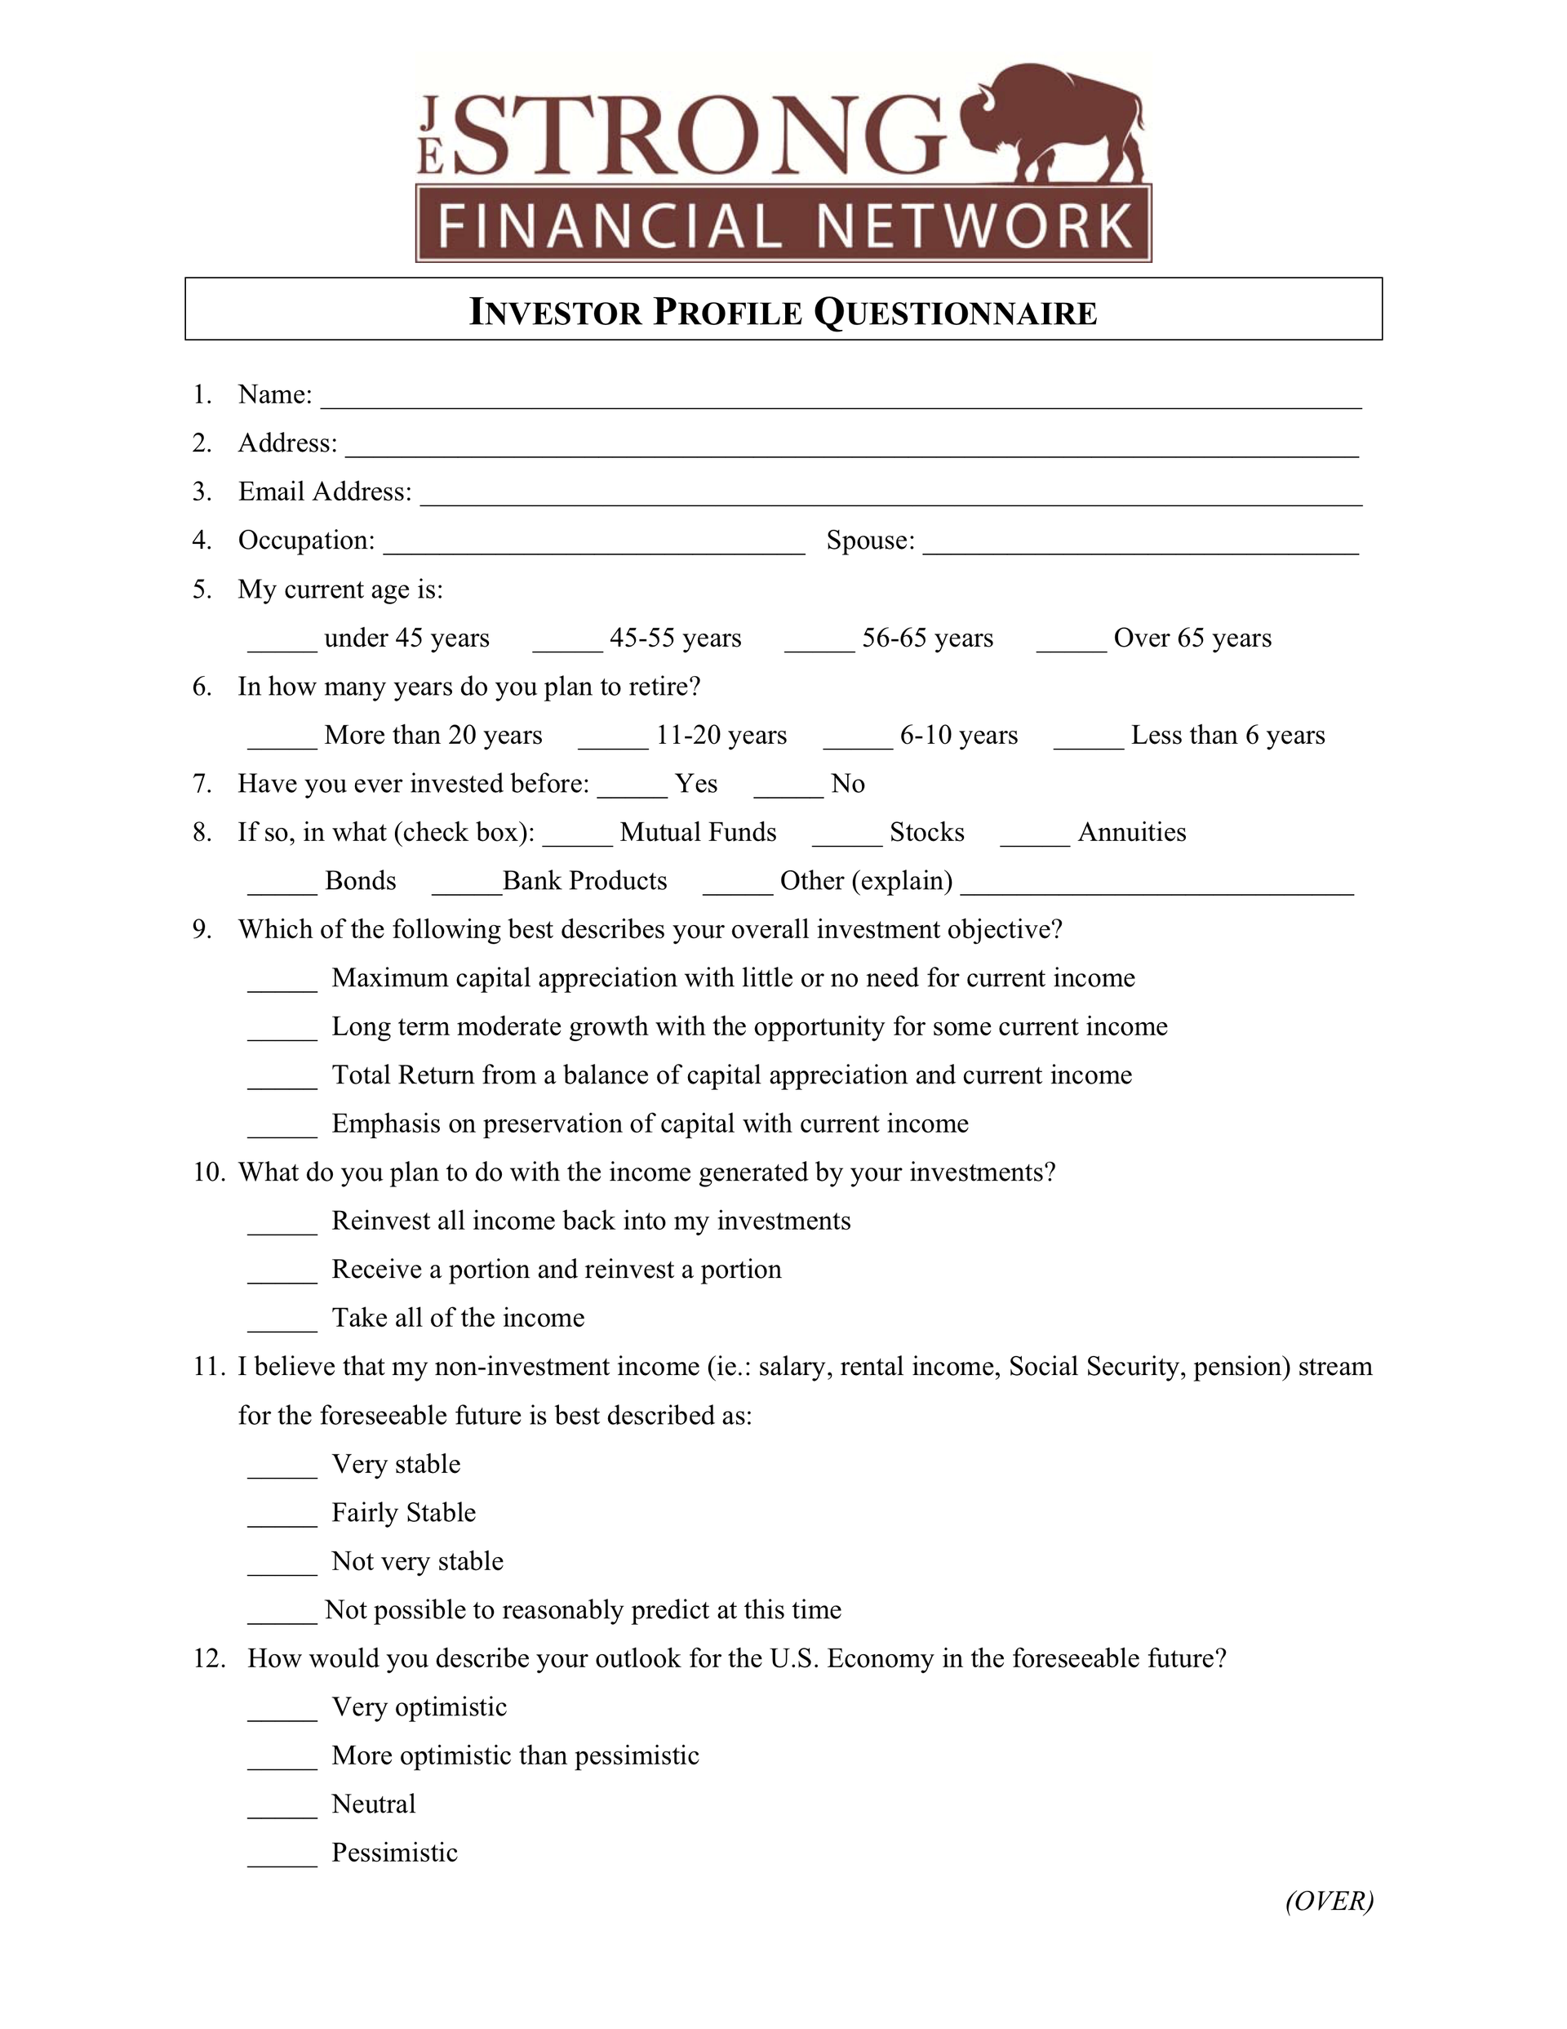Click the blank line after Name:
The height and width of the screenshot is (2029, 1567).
pos(841,399)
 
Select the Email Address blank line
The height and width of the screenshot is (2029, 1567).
pos(892,497)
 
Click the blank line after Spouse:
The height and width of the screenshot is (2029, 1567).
pos(1141,546)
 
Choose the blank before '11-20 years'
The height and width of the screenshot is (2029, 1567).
pos(613,741)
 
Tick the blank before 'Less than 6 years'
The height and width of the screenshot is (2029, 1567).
pos(1089,741)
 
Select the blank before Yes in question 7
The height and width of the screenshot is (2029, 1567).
pos(632,789)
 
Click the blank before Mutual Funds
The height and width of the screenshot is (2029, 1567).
pos(577,837)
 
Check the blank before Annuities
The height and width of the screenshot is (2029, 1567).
pos(1035,837)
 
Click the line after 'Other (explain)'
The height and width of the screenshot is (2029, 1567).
pos(1156,886)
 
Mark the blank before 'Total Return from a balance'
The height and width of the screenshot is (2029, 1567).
pos(282,1080)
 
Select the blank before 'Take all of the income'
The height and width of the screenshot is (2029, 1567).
pos(282,1323)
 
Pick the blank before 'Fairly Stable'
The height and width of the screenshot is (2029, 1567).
pos(282,1518)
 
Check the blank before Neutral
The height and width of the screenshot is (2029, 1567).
pos(282,1809)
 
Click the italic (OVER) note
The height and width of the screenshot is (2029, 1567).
pos(1330,1901)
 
